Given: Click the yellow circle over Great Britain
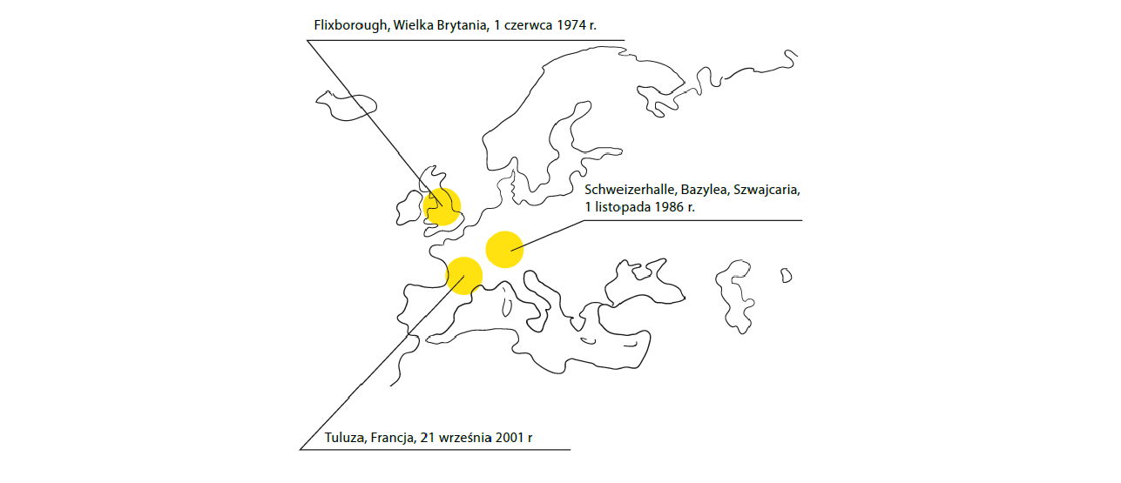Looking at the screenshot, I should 442,206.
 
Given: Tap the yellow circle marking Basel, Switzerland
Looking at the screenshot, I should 504,248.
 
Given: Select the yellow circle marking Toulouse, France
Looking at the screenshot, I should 464,275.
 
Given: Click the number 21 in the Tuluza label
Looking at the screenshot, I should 428,438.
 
